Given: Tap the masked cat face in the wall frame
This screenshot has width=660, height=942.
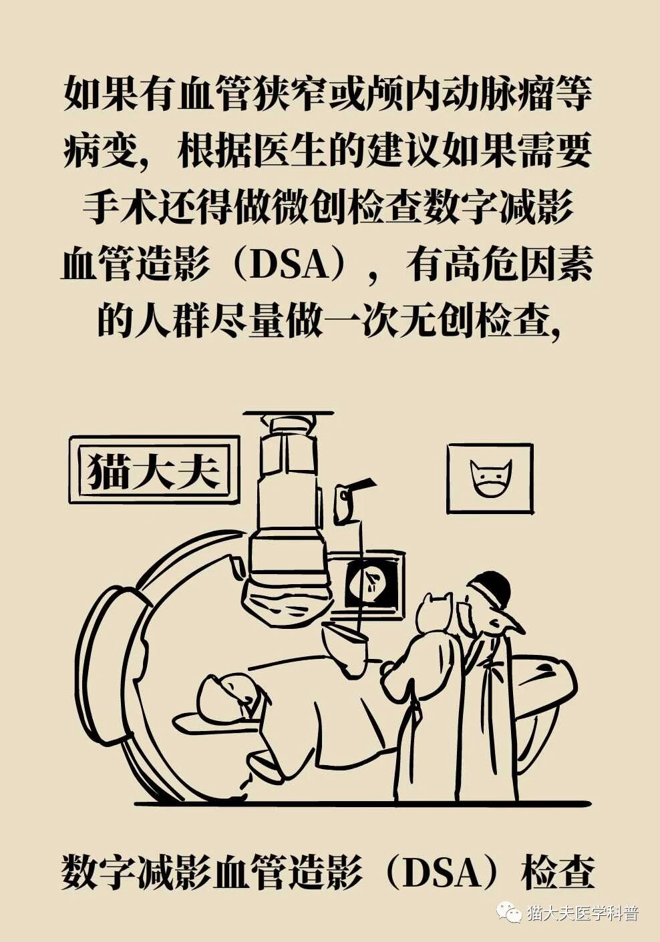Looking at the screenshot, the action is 491,478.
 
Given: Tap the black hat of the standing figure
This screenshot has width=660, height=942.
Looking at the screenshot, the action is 490,589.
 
